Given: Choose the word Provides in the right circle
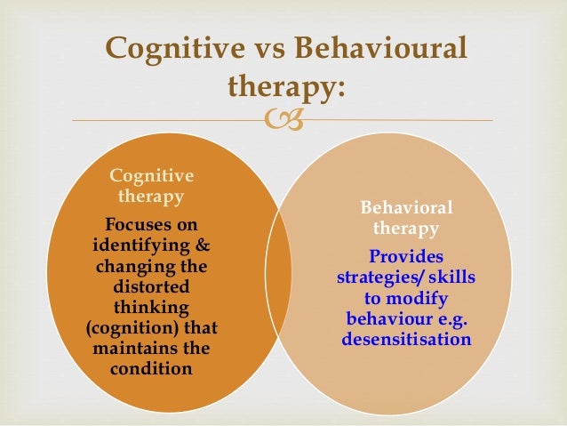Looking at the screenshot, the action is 405,258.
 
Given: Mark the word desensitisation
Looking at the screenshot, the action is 405,340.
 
